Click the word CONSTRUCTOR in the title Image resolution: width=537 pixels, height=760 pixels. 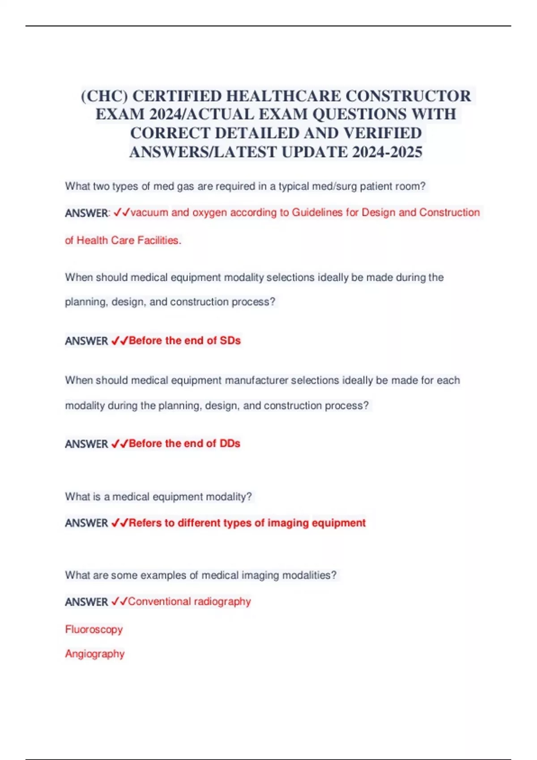(408, 96)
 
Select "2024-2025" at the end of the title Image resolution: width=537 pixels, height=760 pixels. (387, 152)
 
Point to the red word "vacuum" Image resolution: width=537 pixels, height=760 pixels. (149, 212)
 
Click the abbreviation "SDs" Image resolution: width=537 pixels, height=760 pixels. (230, 341)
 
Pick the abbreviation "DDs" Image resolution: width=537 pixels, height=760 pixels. (230, 443)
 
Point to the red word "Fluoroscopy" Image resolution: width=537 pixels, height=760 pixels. (94, 629)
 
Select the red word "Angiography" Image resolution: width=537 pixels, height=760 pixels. (95, 654)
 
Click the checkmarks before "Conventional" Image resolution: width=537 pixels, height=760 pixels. (119, 602)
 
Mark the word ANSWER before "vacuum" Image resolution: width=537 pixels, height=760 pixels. (86, 213)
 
